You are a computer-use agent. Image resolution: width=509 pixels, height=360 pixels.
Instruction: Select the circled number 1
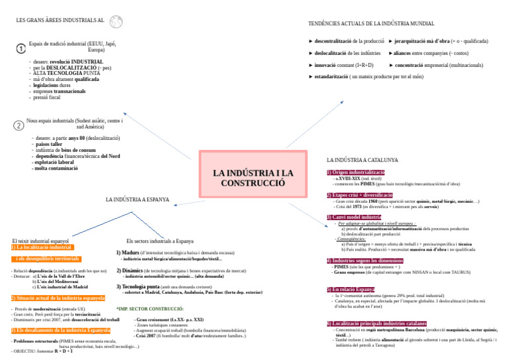[21, 48]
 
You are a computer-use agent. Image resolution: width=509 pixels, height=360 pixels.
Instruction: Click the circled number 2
[19, 125]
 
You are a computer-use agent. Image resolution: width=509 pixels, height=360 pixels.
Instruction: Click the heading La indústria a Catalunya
[363, 160]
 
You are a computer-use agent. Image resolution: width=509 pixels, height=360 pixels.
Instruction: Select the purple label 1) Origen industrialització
[356, 172]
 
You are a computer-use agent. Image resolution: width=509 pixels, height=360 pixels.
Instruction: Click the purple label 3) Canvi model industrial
[354, 217]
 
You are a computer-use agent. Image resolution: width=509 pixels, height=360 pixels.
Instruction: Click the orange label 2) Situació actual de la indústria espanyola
[58, 298]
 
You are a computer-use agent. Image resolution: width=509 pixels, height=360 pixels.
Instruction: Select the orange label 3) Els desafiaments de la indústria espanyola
[60, 330]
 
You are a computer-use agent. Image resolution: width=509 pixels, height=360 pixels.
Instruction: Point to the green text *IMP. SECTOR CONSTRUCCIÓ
[150, 309]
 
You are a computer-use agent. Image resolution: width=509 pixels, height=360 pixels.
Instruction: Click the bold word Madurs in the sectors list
[131, 253]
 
